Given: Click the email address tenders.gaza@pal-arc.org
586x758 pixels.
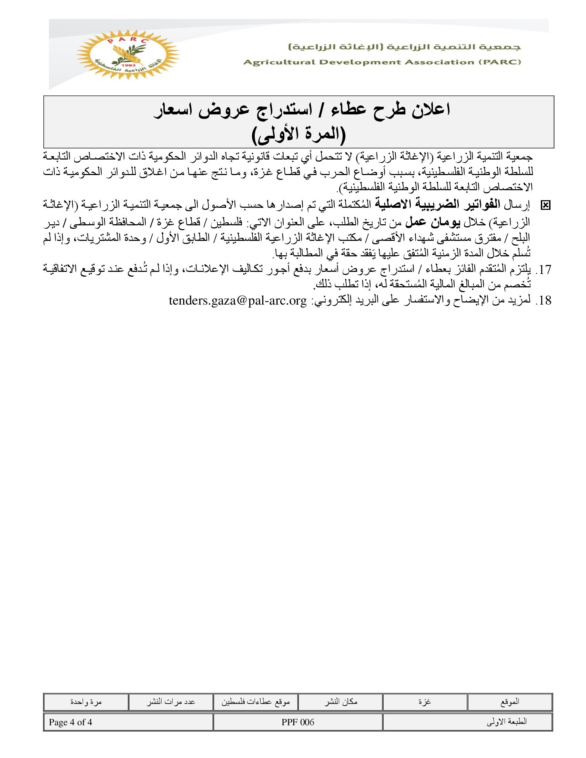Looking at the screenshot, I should point(238,300).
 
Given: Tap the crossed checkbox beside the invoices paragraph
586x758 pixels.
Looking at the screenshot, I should point(545,205).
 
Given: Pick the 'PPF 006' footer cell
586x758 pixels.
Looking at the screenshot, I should point(298,722).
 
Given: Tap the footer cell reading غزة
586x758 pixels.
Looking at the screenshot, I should point(425,702).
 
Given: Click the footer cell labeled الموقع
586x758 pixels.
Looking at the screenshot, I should point(510,702).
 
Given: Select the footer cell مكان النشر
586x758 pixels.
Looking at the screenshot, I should point(341,702).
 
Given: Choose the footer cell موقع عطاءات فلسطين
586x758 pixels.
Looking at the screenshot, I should point(255,702).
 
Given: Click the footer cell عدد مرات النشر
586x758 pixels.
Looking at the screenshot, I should point(170,702).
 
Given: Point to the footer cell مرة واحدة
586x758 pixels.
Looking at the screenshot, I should point(86,702).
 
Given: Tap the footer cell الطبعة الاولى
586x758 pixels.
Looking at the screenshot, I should point(506,722).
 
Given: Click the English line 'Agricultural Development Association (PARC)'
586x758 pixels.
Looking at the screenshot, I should point(382,62).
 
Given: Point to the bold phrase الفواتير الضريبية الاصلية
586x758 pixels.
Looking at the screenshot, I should point(440,205).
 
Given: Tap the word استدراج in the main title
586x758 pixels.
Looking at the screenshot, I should point(279,110).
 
